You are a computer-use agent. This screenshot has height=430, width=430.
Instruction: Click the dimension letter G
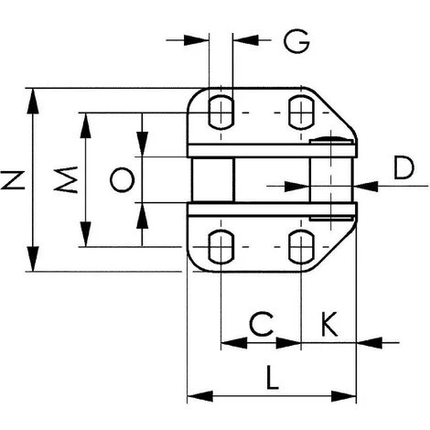296,41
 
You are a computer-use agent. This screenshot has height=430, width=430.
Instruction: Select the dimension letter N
13,180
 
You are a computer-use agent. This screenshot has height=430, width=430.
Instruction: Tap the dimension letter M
66,179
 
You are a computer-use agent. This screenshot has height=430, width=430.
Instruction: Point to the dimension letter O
122,179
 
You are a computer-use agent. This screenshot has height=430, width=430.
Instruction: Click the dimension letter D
403,167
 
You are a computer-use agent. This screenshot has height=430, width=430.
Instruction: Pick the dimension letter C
262,323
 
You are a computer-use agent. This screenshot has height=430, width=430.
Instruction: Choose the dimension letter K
329,324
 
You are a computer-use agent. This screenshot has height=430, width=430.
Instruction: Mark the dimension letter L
272,377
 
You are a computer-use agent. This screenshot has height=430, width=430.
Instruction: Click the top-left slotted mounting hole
221,113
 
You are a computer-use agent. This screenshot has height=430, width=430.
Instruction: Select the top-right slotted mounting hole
301,113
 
